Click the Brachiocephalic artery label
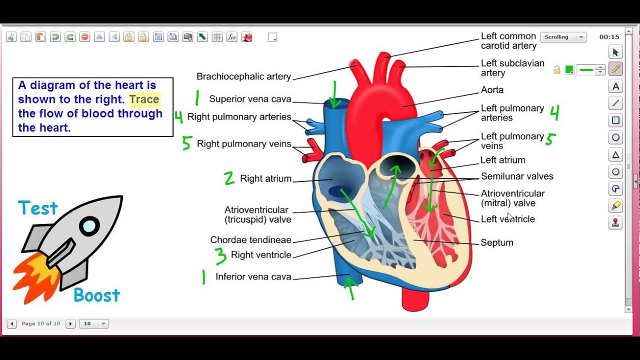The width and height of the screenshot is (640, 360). coord(243,76)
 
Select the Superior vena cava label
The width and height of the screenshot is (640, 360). coord(250,99)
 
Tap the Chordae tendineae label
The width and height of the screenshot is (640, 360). coord(250,240)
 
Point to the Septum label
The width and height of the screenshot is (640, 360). coord(497,242)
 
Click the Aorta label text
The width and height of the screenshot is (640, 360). coord(492,90)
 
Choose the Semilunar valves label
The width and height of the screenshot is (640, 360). coord(517,176)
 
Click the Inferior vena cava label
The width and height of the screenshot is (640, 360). coord(253,276)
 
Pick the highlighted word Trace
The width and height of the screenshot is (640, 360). coord(144,99)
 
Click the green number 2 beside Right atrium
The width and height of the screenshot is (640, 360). coord(229,178)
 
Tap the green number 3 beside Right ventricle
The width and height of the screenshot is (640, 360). coord(220,255)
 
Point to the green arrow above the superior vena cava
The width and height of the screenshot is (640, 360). coord(334,95)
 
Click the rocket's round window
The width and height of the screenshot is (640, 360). coord(89,226)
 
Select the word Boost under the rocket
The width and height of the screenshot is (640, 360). coord(96,295)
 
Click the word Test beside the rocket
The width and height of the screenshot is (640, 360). coord(38,208)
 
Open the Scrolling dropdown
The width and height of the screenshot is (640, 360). coord(563,37)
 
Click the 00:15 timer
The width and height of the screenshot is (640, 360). coord(609,37)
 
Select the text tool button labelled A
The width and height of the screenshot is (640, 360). coord(615,86)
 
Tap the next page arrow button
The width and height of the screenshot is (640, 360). coord(70,323)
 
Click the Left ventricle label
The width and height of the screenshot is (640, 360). coord(507,219)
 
